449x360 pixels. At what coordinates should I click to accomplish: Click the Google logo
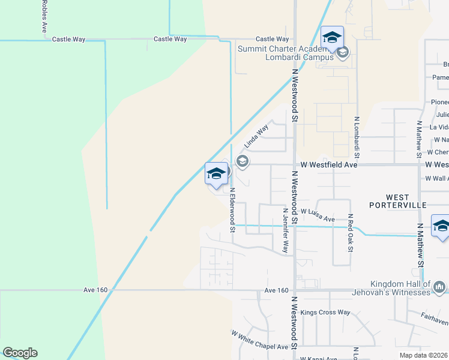20,353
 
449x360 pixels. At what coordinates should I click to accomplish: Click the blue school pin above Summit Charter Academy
332,37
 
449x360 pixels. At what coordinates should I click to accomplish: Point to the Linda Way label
256,137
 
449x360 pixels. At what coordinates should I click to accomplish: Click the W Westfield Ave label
329,164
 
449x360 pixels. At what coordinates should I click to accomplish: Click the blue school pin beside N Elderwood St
216,173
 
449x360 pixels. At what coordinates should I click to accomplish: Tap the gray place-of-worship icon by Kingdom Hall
439,286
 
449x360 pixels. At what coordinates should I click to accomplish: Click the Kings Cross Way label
325,312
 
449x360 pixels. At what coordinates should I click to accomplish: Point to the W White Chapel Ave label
260,340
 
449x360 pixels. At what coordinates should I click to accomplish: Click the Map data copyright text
423,355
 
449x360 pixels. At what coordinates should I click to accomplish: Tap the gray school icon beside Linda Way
243,160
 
